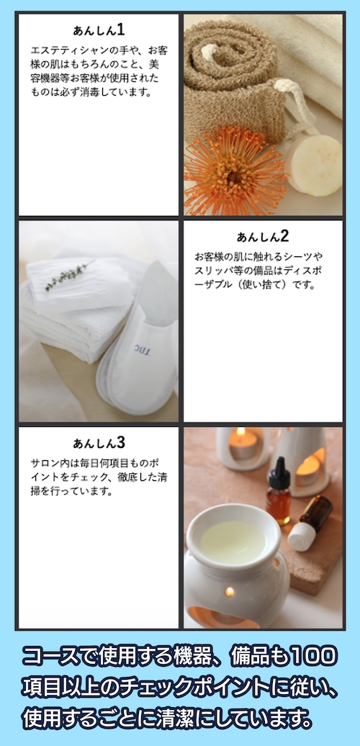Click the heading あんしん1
point(99,30)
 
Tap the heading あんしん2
point(263,235)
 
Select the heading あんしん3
point(99,442)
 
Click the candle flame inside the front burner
point(230,592)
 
